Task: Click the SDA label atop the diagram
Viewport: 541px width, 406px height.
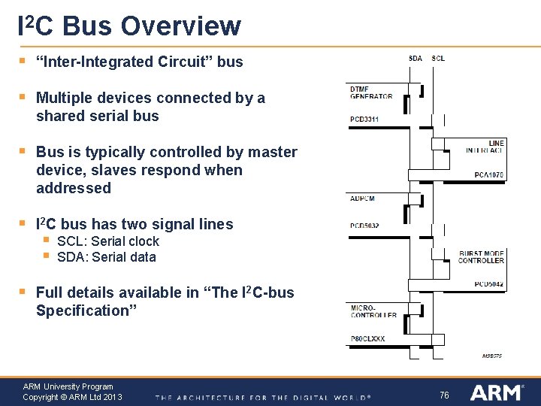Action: click(416, 58)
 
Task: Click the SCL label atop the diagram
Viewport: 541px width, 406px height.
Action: click(438, 58)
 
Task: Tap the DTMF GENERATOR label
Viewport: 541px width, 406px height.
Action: click(370, 92)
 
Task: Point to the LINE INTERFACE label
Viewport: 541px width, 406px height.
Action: click(485, 147)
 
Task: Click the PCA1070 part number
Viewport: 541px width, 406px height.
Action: click(489, 175)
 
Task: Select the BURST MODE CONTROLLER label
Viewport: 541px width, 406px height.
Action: click(482, 256)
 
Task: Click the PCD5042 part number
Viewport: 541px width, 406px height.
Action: click(489, 284)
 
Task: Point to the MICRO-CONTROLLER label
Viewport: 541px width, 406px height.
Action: click(373, 311)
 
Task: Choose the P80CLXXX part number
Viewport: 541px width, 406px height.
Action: click(367, 339)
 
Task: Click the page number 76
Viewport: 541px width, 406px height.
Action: click(444, 395)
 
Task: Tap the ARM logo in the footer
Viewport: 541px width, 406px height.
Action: click(497, 392)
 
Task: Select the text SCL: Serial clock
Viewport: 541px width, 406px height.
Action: click(108, 241)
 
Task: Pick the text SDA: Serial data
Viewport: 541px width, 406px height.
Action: click(107, 257)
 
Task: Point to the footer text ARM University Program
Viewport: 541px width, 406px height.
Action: click(68, 386)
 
